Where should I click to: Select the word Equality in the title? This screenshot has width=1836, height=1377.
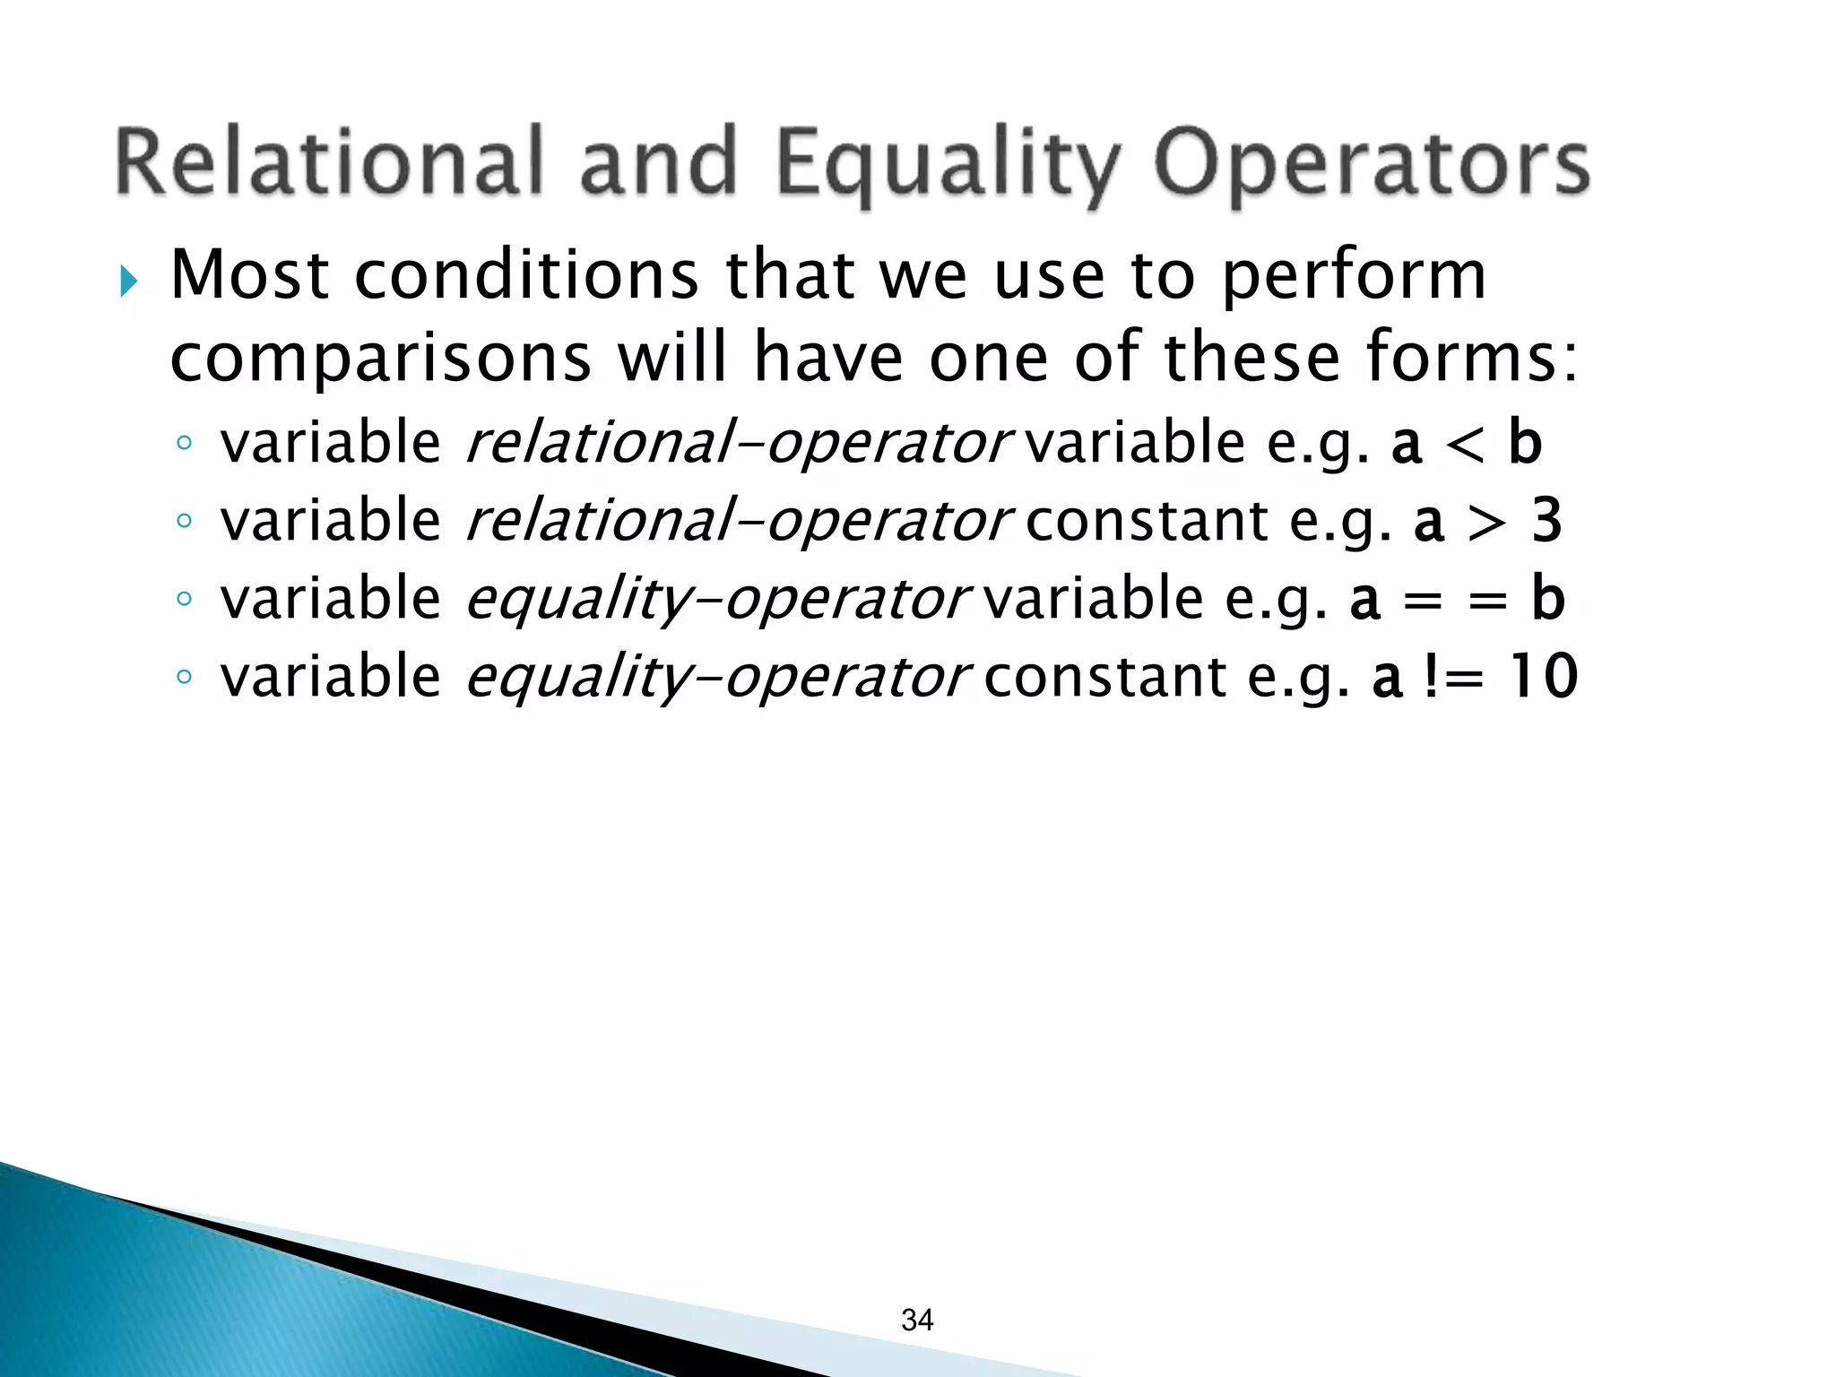pyautogui.click(x=947, y=166)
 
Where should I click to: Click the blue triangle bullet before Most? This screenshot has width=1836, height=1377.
pyautogui.click(x=128, y=281)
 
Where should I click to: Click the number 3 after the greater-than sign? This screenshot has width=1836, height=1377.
pyautogui.click(x=1546, y=521)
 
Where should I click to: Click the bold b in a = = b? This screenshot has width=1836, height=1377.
pyautogui.click(x=1547, y=598)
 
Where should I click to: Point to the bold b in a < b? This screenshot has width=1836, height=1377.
pyautogui.click(x=1524, y=443)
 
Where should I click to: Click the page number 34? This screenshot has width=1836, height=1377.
pyautogui.click(x=917, y=1320)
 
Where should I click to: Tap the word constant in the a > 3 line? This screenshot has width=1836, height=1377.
pyautogui.click(x=1147, y=522)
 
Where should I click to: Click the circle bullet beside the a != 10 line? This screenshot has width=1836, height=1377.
pyautogui.click(x=184, y=677)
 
